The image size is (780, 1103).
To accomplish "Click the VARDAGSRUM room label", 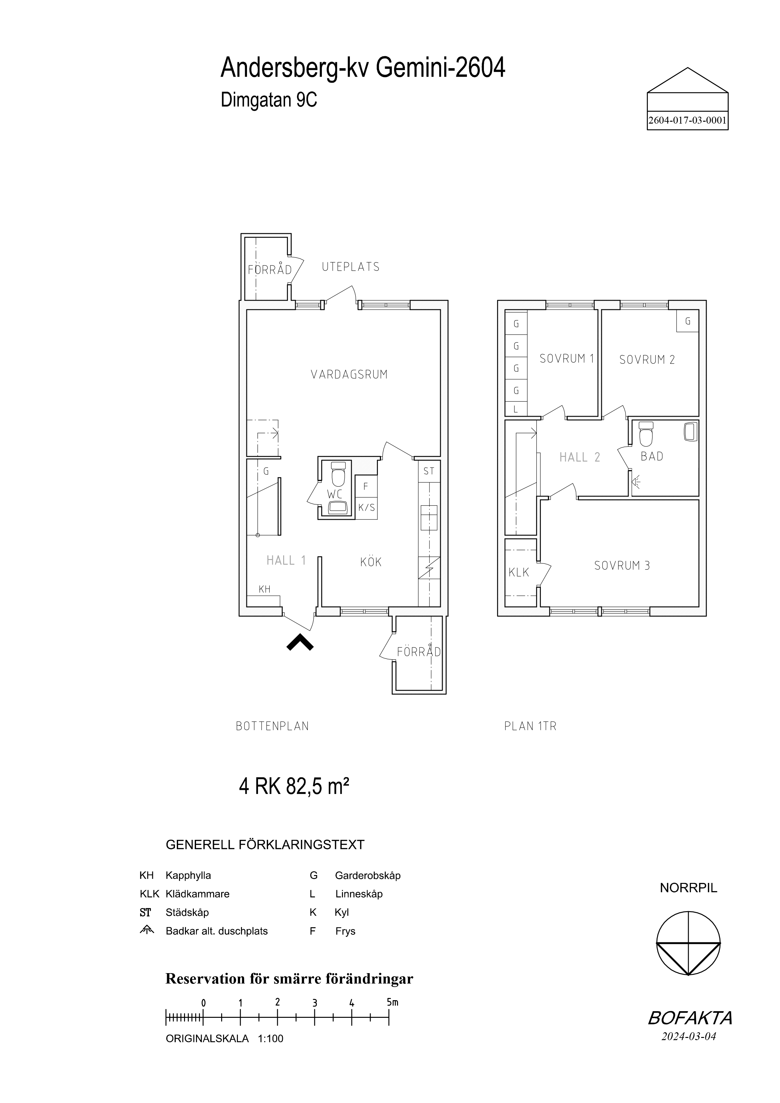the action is (x=349, y=375).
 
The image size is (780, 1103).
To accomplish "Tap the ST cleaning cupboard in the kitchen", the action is (x=429, y=471).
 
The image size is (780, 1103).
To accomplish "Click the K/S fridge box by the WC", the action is (x=366, y=508).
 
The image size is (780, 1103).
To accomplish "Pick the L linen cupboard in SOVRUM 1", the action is (x=516, y=409).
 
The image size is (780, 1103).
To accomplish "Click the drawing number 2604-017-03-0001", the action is (x=687, y=120).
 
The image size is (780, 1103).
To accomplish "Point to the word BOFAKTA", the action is (x=690, y=1017).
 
